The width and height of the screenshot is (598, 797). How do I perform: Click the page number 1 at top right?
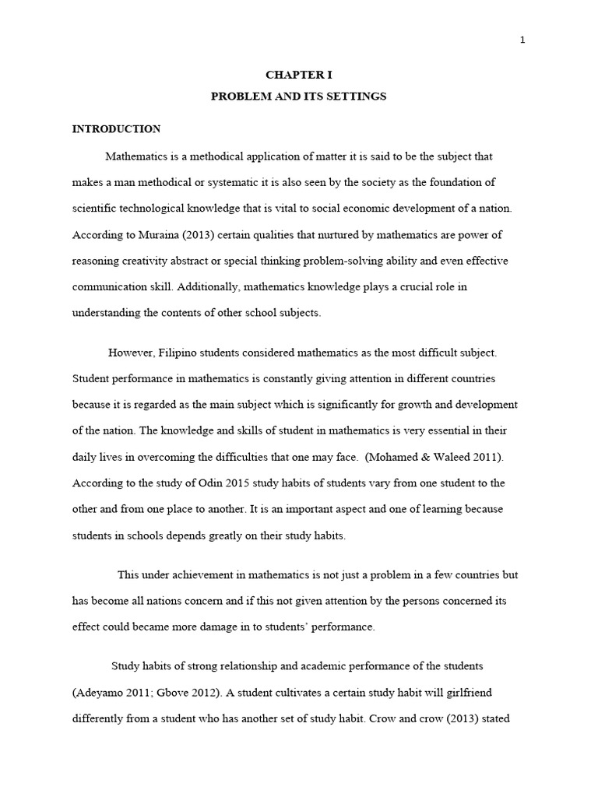(523, 41)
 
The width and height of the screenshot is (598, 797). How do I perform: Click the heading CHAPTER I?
(299, 75)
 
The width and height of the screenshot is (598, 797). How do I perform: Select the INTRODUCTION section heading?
(117, 129)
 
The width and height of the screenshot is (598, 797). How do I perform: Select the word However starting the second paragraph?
(131, 353)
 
